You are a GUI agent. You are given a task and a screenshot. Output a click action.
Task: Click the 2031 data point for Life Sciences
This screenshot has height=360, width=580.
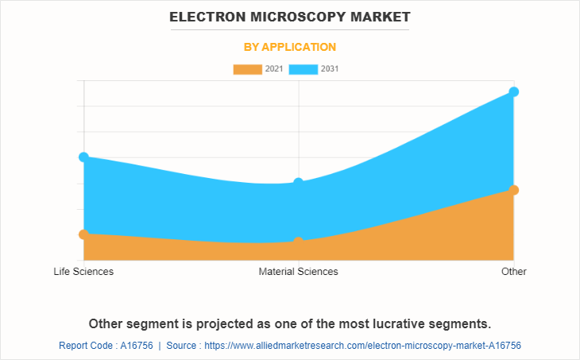[x=83, y=157]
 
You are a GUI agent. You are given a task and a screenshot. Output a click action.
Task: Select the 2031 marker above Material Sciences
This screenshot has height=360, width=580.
[x=299, y=183]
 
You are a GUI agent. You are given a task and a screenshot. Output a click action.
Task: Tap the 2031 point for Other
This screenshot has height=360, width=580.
[x=514, y=91]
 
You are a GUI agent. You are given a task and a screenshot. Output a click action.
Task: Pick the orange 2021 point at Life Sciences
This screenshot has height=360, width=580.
[x=83, y=234]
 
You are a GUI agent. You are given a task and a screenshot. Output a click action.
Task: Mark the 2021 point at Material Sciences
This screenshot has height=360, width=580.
[x=299, y=242]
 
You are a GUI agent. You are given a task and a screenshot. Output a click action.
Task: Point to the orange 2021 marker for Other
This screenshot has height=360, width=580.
[x=514, y=190]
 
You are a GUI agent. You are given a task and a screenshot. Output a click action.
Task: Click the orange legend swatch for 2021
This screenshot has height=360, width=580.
[x=247, y=69]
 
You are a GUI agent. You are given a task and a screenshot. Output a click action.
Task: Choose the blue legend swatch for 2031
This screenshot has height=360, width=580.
[x=303, y=69]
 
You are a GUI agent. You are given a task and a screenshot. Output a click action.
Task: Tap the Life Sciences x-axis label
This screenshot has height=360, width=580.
[x=83, y=272]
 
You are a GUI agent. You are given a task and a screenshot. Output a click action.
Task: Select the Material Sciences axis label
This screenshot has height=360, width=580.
[x=299, y=272]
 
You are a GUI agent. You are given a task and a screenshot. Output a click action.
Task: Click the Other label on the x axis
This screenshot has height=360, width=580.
[x=514, y=272]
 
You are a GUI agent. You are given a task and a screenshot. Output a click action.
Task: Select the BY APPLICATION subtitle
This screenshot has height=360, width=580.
[x=289, y=47]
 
